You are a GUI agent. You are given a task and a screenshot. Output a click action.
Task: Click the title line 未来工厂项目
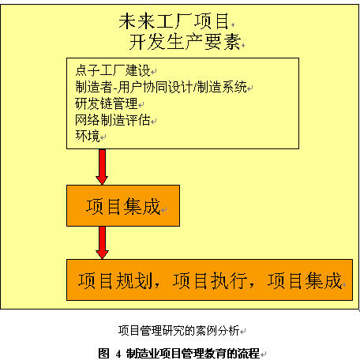tap(174, 21)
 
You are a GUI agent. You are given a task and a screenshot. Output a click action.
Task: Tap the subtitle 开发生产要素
tap(185, 42)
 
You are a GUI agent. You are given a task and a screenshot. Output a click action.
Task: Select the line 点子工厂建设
tap(113, 70)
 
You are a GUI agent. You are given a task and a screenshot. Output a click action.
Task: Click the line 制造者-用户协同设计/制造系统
tap(161, 87)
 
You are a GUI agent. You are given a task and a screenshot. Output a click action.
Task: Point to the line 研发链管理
tap(107, 103)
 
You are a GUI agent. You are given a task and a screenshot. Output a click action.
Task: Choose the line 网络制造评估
tap(113, 120)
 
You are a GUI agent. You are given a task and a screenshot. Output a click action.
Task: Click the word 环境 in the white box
tap(88, 136)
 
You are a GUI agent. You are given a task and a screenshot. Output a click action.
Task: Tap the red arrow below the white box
tap(102, 167)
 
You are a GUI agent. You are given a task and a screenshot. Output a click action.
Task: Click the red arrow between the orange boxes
tap(102, 242)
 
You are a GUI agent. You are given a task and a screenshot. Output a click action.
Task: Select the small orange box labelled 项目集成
tap(123, 205)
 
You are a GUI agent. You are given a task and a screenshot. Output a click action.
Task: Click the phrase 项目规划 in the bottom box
tap(115, 280)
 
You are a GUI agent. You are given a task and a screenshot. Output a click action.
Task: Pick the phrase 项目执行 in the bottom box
tap(210, 280)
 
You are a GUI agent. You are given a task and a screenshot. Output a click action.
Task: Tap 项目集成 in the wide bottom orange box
tap(305, 280)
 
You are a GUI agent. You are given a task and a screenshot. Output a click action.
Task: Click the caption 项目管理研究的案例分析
tap(179, 330)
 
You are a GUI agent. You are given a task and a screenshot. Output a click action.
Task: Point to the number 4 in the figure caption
tap(118, 354)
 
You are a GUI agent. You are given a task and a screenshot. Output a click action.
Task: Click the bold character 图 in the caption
tap(103, 353)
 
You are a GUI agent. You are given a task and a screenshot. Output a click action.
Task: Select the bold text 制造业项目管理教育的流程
tap(193, 353)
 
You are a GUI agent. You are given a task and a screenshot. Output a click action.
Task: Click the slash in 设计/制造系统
tap(195, 87)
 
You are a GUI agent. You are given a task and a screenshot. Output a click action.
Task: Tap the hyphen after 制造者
tap(114, 88)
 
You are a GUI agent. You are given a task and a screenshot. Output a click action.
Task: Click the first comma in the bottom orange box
tap(157, 285)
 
